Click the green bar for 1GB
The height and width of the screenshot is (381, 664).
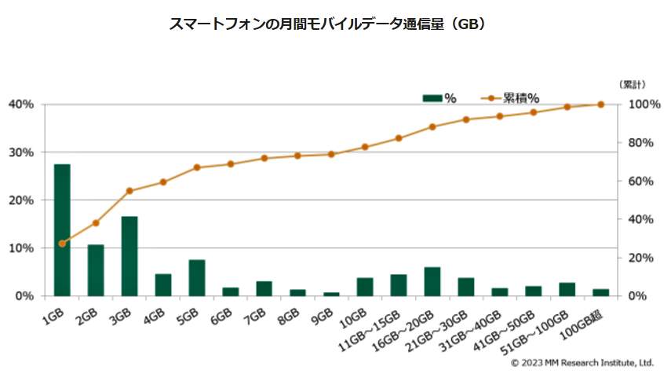pos(62,230)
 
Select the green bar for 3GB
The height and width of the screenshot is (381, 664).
pos(130,256)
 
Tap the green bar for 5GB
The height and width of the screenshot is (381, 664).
pos(197,277)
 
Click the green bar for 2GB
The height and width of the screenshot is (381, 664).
pos(96,270)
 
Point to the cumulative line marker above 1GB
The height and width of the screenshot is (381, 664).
pos(62,244)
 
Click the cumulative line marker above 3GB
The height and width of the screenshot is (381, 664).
pos(130,191)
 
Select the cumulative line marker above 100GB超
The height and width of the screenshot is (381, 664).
pos(601,104)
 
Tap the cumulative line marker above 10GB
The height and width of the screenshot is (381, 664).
pos(365,147)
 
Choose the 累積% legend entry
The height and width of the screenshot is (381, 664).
pos(510,98)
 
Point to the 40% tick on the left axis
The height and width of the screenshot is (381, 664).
pos(21,104)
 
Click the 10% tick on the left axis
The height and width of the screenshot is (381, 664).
pos(21,248)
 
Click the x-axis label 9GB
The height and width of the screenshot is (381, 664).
pos(323,314)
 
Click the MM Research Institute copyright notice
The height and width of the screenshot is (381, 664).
pos(582,363)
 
